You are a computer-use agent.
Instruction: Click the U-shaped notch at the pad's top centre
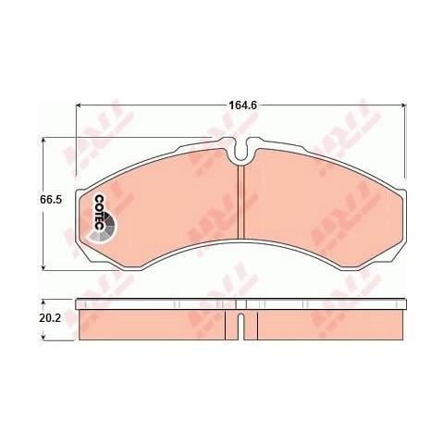[239, 147]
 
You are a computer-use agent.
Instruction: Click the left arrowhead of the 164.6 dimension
[77, 105]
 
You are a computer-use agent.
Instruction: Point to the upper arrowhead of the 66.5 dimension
[43, 142]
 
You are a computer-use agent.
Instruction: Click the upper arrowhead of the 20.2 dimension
[43, 303]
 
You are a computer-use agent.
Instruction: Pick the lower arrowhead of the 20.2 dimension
[43, 337]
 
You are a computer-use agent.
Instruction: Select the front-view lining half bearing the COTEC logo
[166, 199]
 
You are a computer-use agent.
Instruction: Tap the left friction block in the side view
[157, 325]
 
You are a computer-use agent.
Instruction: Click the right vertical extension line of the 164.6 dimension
[404, 139]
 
